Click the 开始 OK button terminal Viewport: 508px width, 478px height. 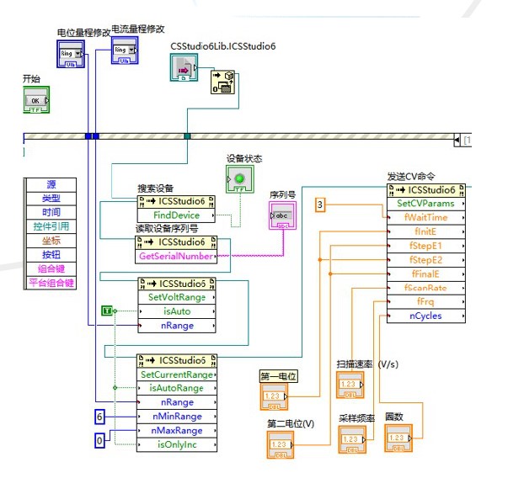tap(35, 98)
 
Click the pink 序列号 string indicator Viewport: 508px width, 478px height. tap(281, 217)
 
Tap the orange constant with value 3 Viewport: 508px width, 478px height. tap(320, 204)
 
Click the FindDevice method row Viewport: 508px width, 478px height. tap(176, 215)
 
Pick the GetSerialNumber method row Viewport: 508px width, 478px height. tap(176, 256)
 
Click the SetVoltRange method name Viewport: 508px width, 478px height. tap(176, 297)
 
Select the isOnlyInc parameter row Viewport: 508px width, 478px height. tap(176, 444)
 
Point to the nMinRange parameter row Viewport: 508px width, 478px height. tap(176, 416)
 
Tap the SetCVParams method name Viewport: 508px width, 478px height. tap(425, 203)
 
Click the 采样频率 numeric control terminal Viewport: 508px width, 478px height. tap(352, 439)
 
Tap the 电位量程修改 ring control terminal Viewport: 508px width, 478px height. tap(69, 56)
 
